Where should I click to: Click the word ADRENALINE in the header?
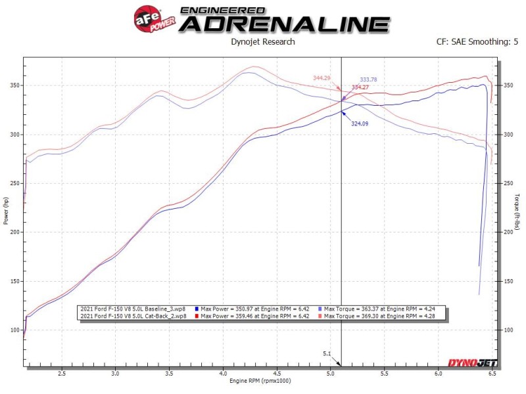tap(284, 24)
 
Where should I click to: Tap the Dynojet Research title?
tap(263, 42)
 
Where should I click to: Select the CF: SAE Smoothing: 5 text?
tap(473, 42)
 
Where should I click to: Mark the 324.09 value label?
tap(360, 123)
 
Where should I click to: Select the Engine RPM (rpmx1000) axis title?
tap(260, 381)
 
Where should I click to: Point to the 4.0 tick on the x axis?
tap(223, 374)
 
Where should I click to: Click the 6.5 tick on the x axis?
tap(492, 374)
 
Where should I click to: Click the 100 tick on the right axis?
tap(507, 330)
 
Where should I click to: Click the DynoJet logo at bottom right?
tap(472, 363)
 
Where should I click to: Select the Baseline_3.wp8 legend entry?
tap(131, 309)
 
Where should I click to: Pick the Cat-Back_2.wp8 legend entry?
tap(131, 316)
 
